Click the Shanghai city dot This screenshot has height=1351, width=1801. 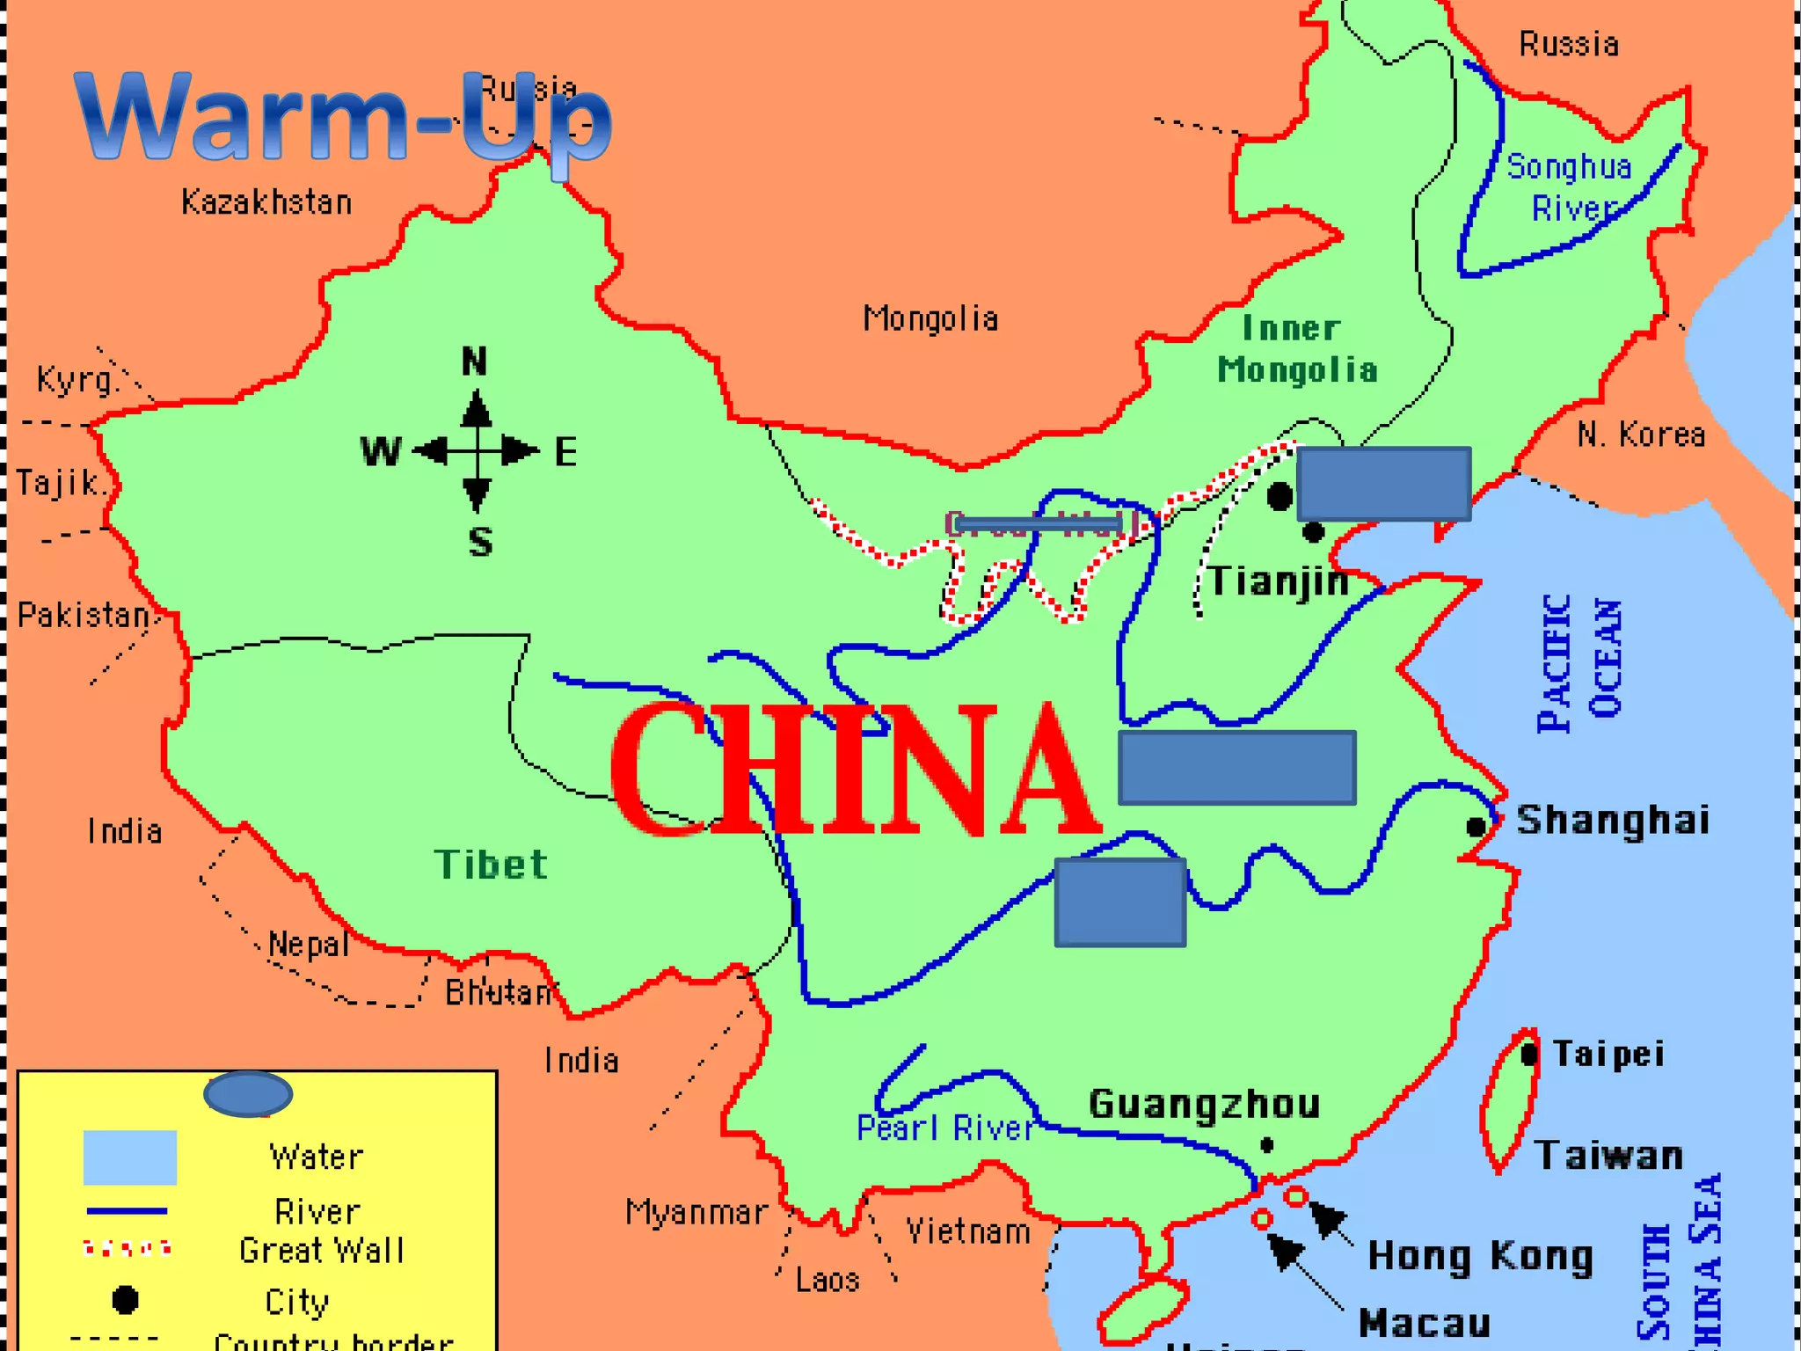pos(1476,827)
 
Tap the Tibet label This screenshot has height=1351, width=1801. pos(491,865)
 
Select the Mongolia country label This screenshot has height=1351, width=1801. pos(930,318)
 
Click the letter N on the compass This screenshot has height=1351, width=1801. pos(474,361)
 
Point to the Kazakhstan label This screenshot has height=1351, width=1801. pos(266,203)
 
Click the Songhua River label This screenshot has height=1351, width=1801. pos(1571,187)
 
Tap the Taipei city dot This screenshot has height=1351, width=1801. pos(1529,1054)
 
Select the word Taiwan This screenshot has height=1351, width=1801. pos(1608,1156)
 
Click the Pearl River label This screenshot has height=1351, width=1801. pos(945,1128)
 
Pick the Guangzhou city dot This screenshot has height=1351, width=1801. pos(1267,1145)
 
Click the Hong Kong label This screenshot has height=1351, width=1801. pos(1481,1256)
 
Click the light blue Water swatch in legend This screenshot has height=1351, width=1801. pos(130,1157)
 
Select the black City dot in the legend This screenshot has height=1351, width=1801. pos(125,1300)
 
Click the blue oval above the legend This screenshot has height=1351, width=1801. pos(248,1094)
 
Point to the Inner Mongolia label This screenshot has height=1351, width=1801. pos(1296,350)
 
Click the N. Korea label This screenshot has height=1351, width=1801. pos(1641,435)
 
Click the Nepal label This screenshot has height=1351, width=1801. pos(309,945)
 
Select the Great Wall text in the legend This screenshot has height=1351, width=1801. pos(322,1251)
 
